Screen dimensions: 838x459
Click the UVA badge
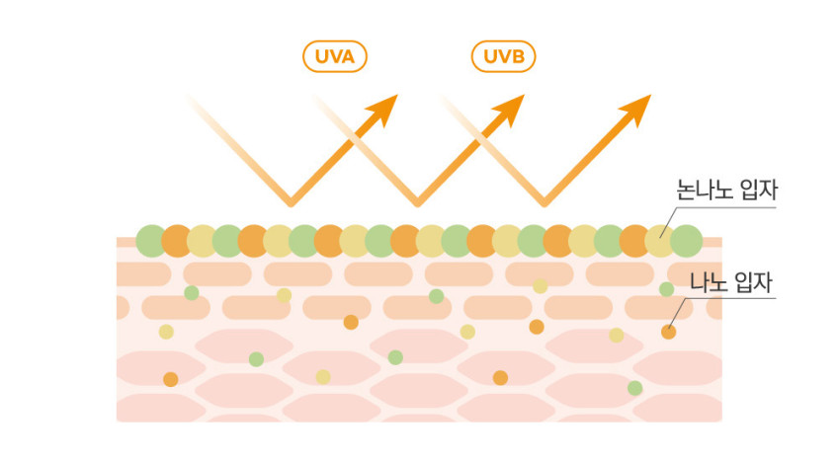pos(335,56)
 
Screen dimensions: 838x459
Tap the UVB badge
pos(503,56)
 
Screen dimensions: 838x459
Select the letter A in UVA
pos(348,56)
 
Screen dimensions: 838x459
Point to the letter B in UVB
pos(517,56)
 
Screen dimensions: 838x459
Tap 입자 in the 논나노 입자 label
pos(759,190)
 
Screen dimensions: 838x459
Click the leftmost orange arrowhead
pos(383,110)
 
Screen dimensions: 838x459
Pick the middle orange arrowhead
pos(510,110)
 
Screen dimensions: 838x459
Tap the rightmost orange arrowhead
pos(636,110)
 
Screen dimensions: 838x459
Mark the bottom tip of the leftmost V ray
pos(291,204)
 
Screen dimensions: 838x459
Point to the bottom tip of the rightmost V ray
pos(545,204)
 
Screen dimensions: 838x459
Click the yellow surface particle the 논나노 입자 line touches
pos(660,241)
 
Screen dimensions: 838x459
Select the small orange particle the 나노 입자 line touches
pos(669,332)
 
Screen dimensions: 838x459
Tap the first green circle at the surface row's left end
pos(152,241)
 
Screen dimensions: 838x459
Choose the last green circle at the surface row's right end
pos(686,241)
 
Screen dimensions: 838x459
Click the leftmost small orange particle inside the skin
pos(171,379)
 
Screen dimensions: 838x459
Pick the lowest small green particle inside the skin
pos(634,388)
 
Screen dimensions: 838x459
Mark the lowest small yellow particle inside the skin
pos(323,377)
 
